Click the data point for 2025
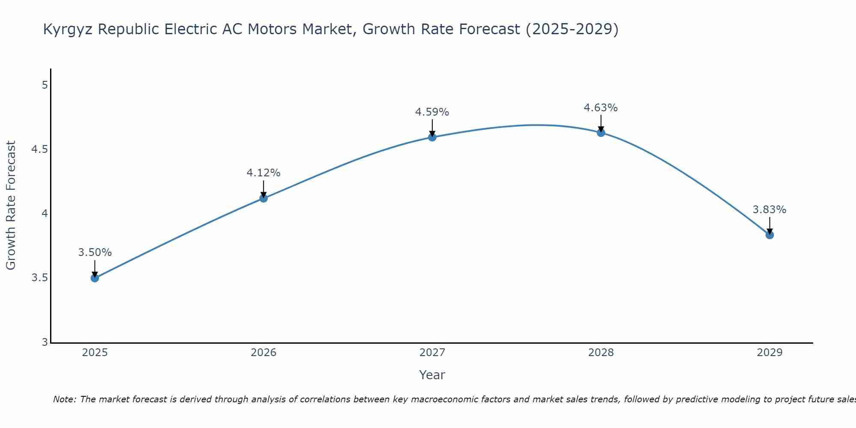(x=95, y=278)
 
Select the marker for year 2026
(x=264, y=198)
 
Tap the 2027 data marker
(x=432, y=137)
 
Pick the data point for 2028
(x=601, y=133)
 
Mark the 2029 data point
(x=770, y=235)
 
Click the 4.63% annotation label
(x=600, y=108)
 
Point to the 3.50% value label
(x=95, y=253)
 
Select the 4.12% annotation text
(x=263, y=173)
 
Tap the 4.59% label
(x=432, y=112)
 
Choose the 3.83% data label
(x=769, y=210)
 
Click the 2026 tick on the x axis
(x=264, y=353)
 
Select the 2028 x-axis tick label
(x=601, y=353)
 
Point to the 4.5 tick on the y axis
(x=39, y=149)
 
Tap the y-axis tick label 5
(x=45, y=85)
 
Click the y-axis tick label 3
(x=45, y=342)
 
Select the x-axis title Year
(x=432, y=375)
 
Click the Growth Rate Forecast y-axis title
(x=11, y=205)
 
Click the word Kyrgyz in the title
(x=68, y=30)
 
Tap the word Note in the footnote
(x=64, y=399)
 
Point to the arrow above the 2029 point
(x=770, y=225)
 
